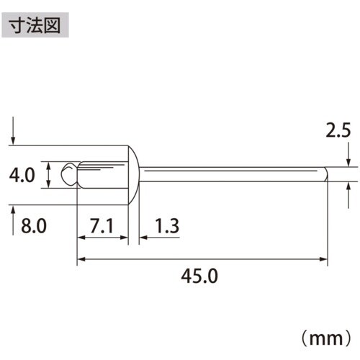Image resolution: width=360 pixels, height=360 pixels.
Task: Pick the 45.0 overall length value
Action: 202,276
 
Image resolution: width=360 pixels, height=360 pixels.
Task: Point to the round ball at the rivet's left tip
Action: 69,174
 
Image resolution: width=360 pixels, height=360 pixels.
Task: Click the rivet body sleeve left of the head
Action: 102,174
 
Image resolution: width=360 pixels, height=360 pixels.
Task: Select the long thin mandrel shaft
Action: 230,174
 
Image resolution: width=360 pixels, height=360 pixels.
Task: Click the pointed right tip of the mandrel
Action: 325,174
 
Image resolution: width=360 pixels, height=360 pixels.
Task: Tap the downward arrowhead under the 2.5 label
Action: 348,163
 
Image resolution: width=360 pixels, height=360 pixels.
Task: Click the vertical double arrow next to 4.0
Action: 48,175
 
